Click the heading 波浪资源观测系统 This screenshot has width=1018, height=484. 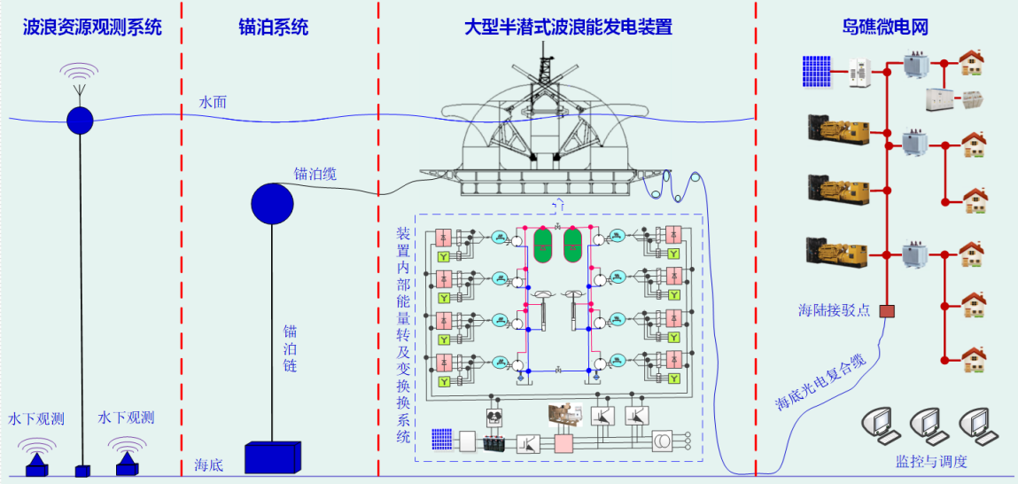point(93,27)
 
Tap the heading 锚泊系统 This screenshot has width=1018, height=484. point(274,27)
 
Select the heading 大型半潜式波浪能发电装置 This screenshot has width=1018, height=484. point(568,27)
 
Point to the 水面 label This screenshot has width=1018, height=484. point(213,103)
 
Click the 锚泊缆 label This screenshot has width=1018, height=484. point(315,174)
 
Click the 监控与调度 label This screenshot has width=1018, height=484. point(931,462)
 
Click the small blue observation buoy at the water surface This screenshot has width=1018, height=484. point(80,120)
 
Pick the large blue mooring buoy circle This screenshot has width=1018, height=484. point(272,204)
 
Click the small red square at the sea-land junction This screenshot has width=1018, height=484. point(887,312)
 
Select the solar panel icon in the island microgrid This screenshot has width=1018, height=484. point(816,72)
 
